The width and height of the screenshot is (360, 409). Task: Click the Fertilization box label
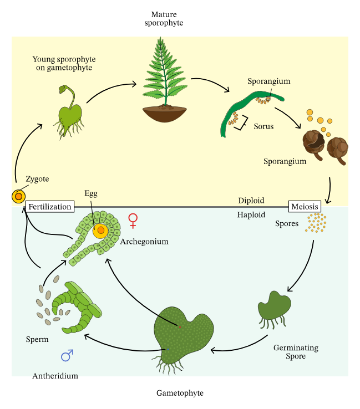tap(50, 207)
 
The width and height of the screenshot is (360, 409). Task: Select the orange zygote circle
tap(18, 196)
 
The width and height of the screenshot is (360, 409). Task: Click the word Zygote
tap(37, 179)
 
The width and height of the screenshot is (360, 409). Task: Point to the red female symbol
tap(133, 221)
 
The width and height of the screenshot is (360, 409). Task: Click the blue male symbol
tap(67, 355)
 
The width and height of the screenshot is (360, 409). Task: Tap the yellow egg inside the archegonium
tap(100, 231)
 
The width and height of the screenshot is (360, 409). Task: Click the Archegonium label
tap(144, 242)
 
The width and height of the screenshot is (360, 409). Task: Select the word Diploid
tap(251, 201)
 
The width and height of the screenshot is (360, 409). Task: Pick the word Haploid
tap(251, 214)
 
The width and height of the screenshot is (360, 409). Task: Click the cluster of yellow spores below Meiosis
tap(316, 223)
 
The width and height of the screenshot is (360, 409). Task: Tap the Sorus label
tap(263, 126)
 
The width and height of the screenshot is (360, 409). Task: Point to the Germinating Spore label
tap(296, 352)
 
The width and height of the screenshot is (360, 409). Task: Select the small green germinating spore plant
tap(274, 307)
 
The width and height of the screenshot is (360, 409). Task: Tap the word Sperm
tap(37, 339)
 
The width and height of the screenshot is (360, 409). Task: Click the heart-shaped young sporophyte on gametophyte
tap(70, 116)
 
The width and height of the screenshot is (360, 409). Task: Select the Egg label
tap(91, 193)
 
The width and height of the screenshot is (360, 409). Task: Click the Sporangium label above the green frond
tap(269, 81)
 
